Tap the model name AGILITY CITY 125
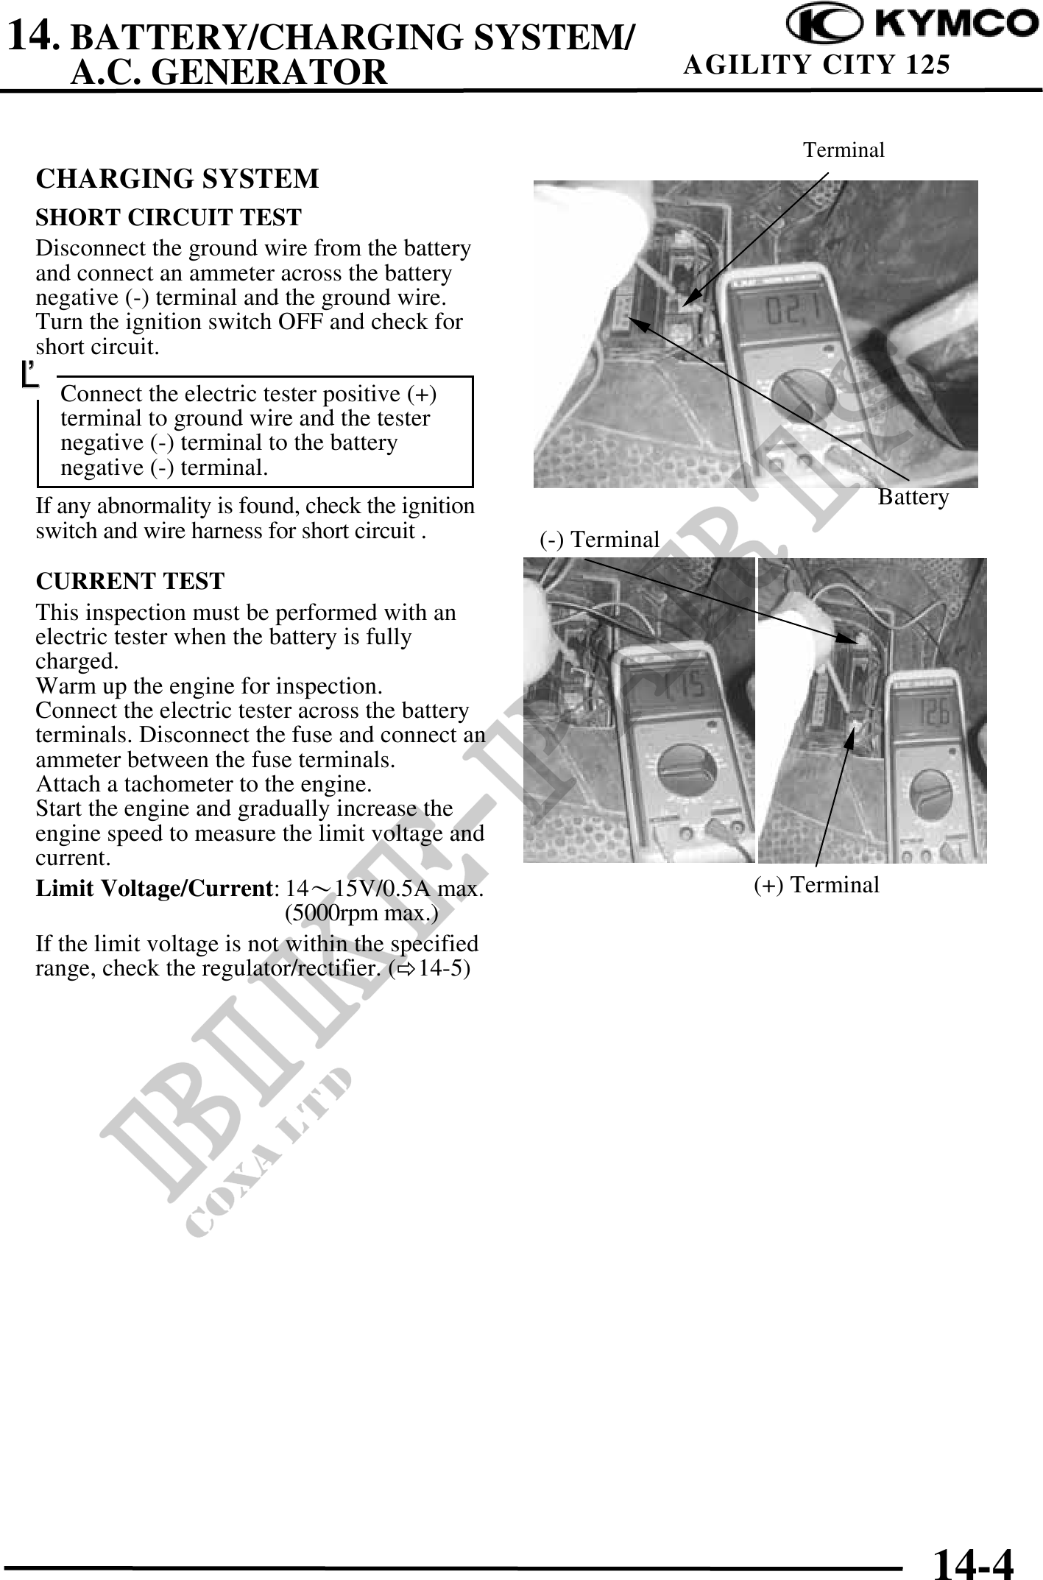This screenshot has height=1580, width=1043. tap(816, 66)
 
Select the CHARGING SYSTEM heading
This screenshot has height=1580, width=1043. tap(177, 179)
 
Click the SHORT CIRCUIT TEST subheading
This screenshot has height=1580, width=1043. tap(169, 218)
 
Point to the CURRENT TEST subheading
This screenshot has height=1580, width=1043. tap(130, 581)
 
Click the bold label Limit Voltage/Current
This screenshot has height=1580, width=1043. tap(153, 889)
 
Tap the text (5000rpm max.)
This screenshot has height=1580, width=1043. tap(361, 914)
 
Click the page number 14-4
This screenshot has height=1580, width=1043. tap(972, 1559)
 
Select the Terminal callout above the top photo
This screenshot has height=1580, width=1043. tap(844, 150)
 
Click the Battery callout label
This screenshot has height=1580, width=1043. tap(913, 498)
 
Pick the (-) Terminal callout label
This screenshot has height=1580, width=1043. tap(599, 540)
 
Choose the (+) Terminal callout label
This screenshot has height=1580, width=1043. tap(816, 884)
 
